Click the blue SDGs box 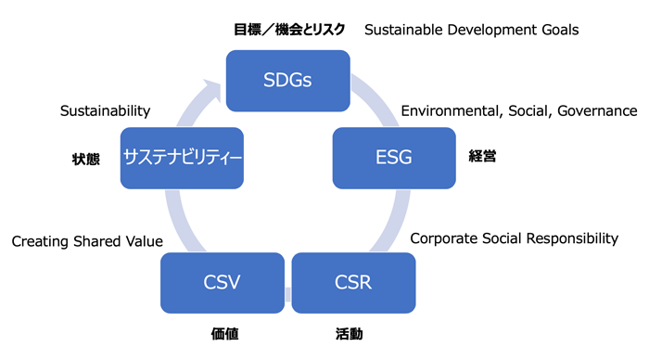[287, 79]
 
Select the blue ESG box [394, 158]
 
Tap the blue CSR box [352, 281]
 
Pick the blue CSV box [222, 281]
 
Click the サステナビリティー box [183, 158]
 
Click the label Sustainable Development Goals [471, 30]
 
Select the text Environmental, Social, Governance [518, 111]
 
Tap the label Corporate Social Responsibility [514, 238]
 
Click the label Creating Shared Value [87, 241]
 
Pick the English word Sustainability [105, 111]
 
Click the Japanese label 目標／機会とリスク [289, 30]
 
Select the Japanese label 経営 [482, 157]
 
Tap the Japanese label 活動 [350, 333]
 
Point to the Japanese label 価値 [224, 333]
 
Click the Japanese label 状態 [85, 159]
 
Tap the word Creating [39, 241]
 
